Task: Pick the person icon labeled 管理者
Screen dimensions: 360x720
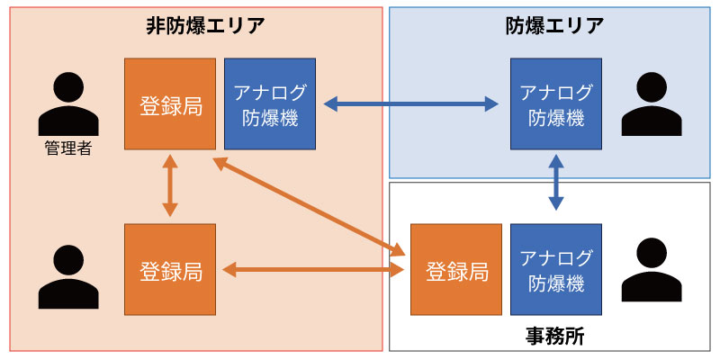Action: [x=67, y=106]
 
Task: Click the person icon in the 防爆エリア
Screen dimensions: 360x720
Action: [x=651, y=105]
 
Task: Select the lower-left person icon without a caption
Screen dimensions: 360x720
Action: [x=67, y=276]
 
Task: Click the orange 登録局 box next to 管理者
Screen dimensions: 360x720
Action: [x=170, y=104]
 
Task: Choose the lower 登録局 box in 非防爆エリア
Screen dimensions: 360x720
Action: [x=170, y=270]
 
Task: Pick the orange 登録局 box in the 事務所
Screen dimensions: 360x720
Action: [x=456, y=270]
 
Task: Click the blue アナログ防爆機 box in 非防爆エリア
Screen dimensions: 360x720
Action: [x=270, y=104]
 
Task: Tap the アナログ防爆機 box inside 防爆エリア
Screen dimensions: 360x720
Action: [x=556, y=104]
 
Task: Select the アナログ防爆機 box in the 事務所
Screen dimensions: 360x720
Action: [x=556, y=270]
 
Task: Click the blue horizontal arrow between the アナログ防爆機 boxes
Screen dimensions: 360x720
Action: [x=413, y=104]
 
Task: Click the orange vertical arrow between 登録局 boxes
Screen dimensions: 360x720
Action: [x=170, y=186]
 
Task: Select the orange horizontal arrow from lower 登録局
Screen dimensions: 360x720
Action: [x=312, y=269]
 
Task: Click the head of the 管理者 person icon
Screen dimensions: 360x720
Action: [x=67, y=87]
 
